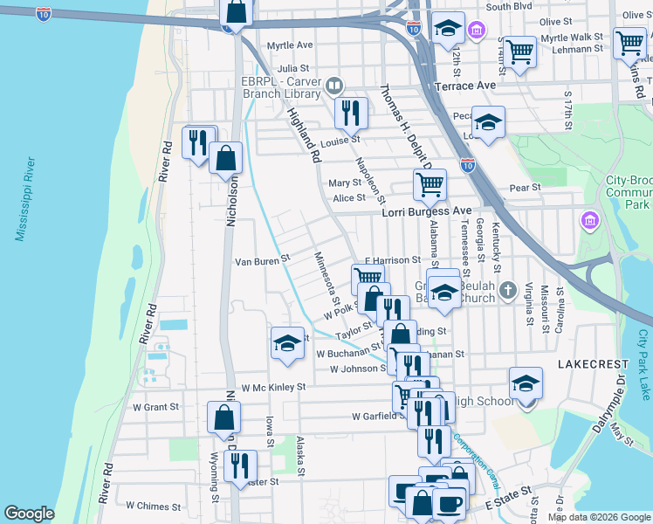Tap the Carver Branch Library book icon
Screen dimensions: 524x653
[334, 86]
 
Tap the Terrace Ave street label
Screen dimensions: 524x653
[465, 86]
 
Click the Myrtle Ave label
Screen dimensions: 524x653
[290, 45]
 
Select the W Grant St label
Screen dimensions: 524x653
[155, 407]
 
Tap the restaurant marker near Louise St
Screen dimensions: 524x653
[351, 112]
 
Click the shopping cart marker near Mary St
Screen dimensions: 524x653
[430, 184]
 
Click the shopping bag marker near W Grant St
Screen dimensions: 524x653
[224, 418]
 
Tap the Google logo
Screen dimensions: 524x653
[30, 514]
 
